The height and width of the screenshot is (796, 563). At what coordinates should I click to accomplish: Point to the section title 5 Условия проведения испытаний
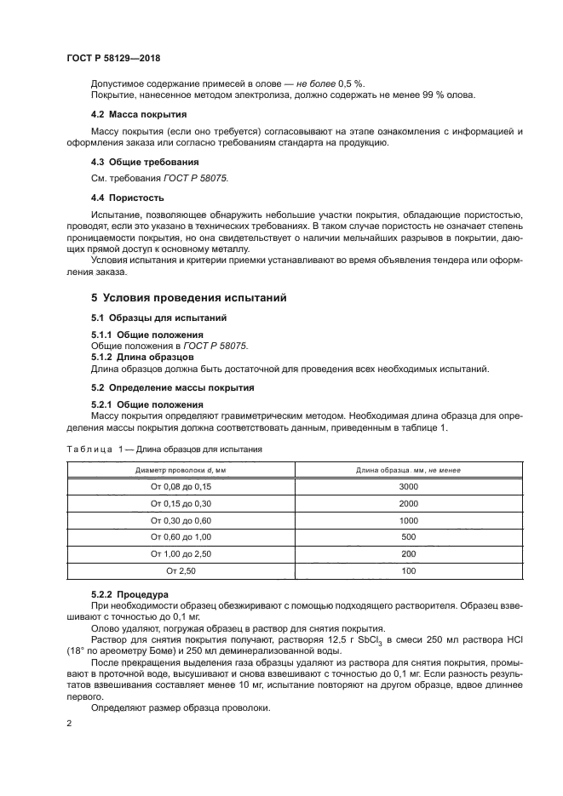(188, 298)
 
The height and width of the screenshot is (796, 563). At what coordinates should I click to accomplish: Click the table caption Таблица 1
(95, 449)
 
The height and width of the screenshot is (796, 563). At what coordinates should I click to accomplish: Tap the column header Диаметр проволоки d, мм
(180, 469)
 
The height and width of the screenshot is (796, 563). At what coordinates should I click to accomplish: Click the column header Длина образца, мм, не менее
(408, 469)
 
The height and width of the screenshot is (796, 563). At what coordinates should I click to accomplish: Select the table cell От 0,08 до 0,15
(180, 486)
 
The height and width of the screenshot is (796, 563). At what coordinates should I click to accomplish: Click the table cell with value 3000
(408, 486)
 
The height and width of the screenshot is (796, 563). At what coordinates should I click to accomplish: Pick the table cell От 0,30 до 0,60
(180, 519)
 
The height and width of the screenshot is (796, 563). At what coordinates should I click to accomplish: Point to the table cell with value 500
(408, 536)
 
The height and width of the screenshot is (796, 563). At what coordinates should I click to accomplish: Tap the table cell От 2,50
(180, 570)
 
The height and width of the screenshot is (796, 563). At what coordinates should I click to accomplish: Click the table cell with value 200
(408, 553)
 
